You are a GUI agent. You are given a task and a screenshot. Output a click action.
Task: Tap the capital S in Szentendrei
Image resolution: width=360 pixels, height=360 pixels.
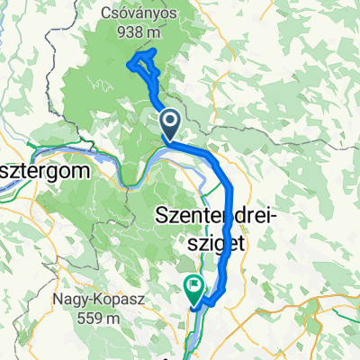pyautogui.click(x=163, y=216)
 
